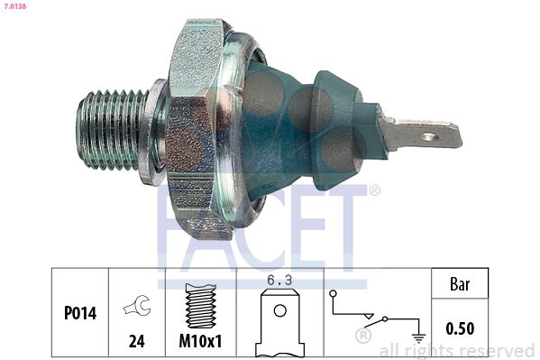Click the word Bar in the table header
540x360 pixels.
pos(460,282)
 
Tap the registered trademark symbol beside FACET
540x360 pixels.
pos(374,190)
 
